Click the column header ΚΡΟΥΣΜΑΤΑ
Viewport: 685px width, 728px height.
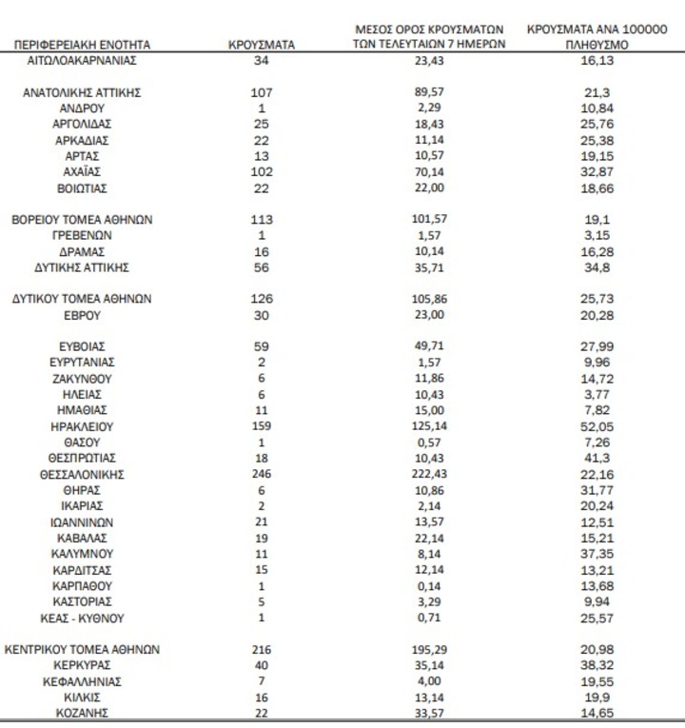[x=263, y=44]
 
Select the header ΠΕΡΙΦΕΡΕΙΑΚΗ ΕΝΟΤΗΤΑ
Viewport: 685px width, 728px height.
[x=83, y=45]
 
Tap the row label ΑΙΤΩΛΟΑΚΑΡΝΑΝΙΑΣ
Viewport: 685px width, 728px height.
[x=83, y=60]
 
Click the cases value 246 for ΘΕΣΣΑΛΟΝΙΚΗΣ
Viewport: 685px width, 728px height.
[x=263, y=474]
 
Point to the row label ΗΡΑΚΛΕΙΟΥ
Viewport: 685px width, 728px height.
[x=83, y=426]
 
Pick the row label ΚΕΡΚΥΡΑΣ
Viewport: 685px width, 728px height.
[x=83, y=665]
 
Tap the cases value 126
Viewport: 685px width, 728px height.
[x=263, y=299]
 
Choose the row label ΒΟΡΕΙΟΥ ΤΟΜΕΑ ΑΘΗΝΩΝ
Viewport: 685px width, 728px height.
[x=83, y=219]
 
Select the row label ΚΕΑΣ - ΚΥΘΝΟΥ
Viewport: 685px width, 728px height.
[x=83, y=618]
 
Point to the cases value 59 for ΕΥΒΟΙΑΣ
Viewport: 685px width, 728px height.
[x=263, y=346]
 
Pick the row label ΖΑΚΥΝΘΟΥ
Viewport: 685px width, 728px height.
[x=83, y=379]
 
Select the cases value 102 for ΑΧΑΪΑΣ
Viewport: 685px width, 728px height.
[x=263, y=171]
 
